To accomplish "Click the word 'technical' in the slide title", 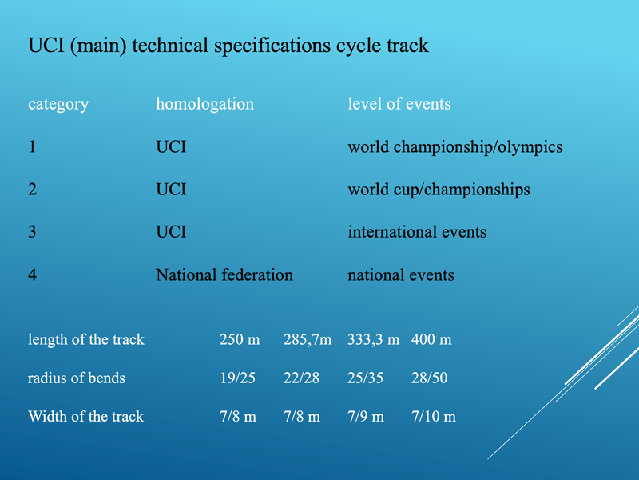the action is tap(170, 45).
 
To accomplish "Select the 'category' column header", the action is tap(58, 105).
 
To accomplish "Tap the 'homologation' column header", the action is tap(205, 105).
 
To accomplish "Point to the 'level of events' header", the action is tap(399, 104).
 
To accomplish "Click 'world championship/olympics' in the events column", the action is tap(455, 147).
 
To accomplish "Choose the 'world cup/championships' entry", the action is tap(439, 190).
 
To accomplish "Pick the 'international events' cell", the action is tap(417, 232).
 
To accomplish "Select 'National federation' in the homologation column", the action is tap(224, 274).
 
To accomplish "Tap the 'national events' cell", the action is tap(401, 274).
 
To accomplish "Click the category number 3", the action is tap(32, 232).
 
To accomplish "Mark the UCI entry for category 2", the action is tap(171, 190).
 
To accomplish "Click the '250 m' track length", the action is tap(240, 339).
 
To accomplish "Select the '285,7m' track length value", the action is tap(308, 339).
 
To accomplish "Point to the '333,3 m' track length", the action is tap(373, 339).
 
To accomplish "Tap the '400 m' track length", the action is tap(431, 339).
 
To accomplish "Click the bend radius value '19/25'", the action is tap(237, 378).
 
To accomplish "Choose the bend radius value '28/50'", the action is tap(430, 378).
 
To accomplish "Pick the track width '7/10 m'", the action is tap(434, 416).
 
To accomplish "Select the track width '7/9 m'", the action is tap(366, 416).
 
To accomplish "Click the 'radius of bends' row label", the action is tap(77, 378).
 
